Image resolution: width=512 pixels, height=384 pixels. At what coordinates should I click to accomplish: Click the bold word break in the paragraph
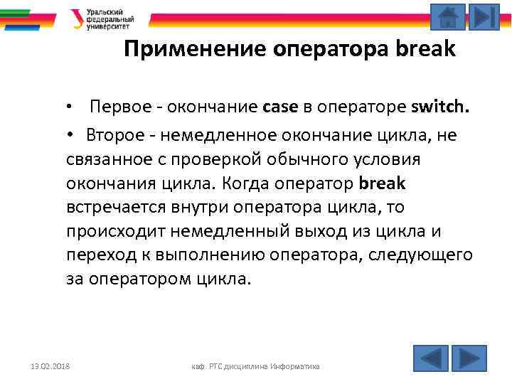click(383, 183)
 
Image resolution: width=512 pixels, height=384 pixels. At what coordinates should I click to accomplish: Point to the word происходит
click(113, 231)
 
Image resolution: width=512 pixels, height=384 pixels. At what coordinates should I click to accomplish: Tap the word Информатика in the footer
click(294, 366)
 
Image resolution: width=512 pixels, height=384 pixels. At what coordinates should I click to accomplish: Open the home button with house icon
click(447, 17)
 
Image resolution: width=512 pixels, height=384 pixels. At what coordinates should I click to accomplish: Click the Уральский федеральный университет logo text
click(110, 19)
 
